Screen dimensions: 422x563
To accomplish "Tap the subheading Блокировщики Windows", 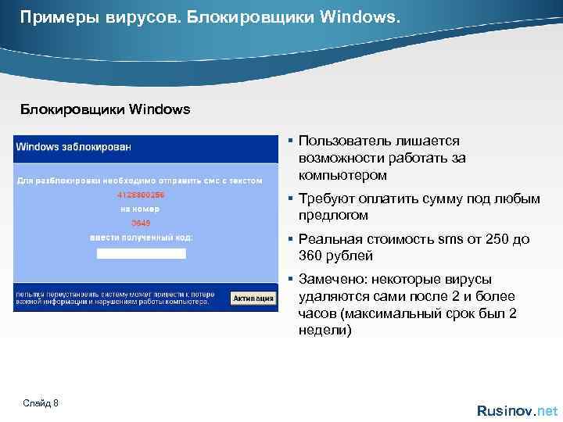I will tap(105, 109).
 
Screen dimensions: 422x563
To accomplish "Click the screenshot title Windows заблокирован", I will tap(74, 146).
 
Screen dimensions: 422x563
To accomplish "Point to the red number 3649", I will tap(130, 223).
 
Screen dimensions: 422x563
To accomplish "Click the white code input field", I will tap(141, 253).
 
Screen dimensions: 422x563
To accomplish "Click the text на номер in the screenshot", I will tap(140, 209).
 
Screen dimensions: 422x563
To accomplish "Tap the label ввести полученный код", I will tap(142, 237).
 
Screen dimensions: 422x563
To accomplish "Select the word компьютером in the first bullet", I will tap(342, 175).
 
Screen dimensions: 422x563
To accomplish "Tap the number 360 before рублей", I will tap(312, 256).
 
